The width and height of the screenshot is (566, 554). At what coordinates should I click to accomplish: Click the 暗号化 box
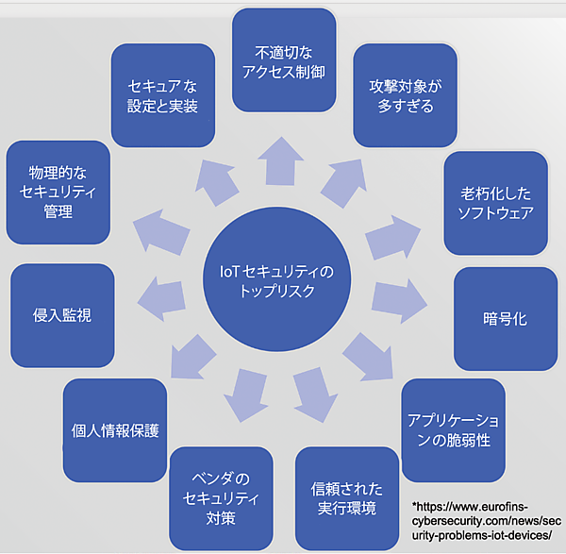click(505, 319)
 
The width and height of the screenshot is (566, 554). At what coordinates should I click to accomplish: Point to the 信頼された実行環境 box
click(347, 499)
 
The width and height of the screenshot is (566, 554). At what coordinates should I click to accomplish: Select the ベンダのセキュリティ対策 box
click(221, 497)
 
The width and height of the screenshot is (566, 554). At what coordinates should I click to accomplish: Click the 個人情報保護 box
click(115, 430)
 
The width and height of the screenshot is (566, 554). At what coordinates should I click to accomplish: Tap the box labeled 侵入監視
click(62, 315)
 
